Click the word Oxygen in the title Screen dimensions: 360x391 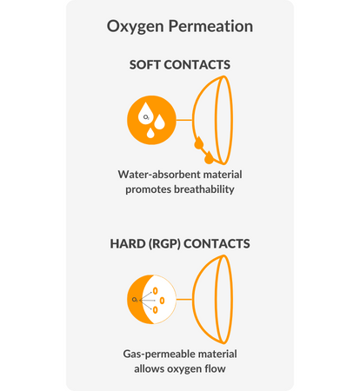point(136,27)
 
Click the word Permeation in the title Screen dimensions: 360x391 point(210,26)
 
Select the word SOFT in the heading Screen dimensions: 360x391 point(145,64)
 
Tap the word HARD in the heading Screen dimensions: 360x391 point(128,243)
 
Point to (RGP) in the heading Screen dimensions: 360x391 point(164,244)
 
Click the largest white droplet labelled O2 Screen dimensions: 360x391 point(146,114)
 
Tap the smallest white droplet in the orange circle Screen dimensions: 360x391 point(150,133)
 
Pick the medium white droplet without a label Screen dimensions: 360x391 point(159,123)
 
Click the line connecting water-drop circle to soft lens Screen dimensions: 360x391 point(184,120)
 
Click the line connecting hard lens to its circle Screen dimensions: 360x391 point(184,299)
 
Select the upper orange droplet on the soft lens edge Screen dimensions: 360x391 point(199,142)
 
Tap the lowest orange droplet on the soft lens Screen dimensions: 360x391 point(209,157)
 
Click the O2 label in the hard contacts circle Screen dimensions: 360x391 point(135,300)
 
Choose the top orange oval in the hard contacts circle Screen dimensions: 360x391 point(156,291)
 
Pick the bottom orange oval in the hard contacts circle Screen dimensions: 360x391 point(156,310)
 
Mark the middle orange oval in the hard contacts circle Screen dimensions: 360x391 point(162,301)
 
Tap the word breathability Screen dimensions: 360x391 point(203,189)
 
